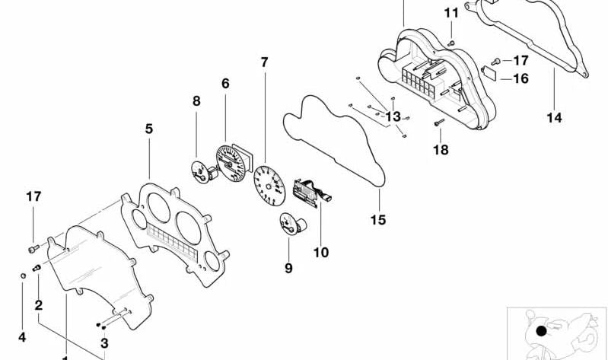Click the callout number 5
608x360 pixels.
click(148, 129)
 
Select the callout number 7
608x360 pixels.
click(264, 62)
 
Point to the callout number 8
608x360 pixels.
click(196, 100)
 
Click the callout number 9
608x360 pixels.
click(288, 268)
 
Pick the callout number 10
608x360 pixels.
click(321, 252)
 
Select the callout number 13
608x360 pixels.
click(393, 116)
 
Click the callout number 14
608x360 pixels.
click(554, 117)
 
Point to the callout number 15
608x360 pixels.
click(378, 220)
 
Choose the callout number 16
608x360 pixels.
click(520, 78)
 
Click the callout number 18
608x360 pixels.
click(441, 150)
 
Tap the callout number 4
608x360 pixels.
click(21, 336)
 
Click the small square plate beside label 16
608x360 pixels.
click(490, 74)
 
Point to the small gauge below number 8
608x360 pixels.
click(200, 171)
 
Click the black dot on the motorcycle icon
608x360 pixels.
click(541, 331)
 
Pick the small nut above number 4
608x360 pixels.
click(23, 275)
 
